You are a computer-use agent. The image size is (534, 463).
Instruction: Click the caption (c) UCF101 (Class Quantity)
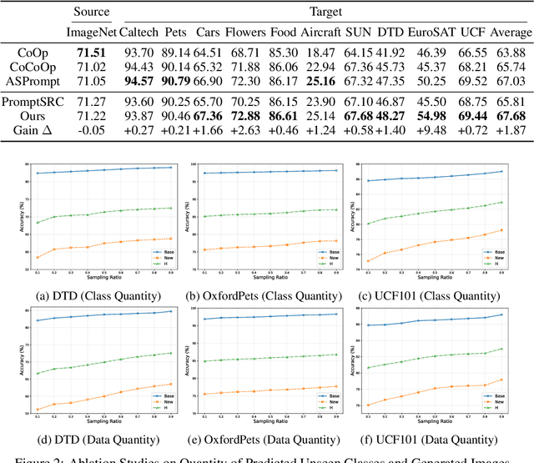click(441, 296)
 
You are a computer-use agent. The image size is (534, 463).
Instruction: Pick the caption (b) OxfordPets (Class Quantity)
click(266, 296)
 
